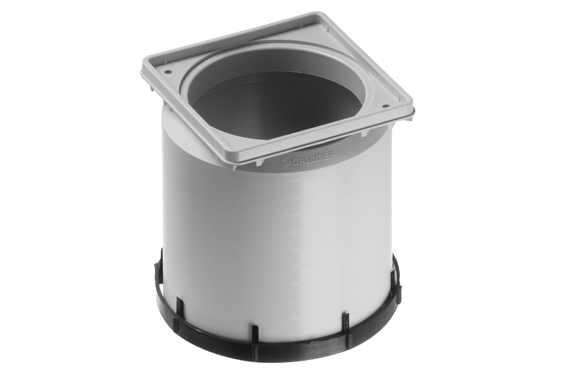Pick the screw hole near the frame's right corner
[x=385, y=106]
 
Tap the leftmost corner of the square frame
[x=144, y=61]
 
